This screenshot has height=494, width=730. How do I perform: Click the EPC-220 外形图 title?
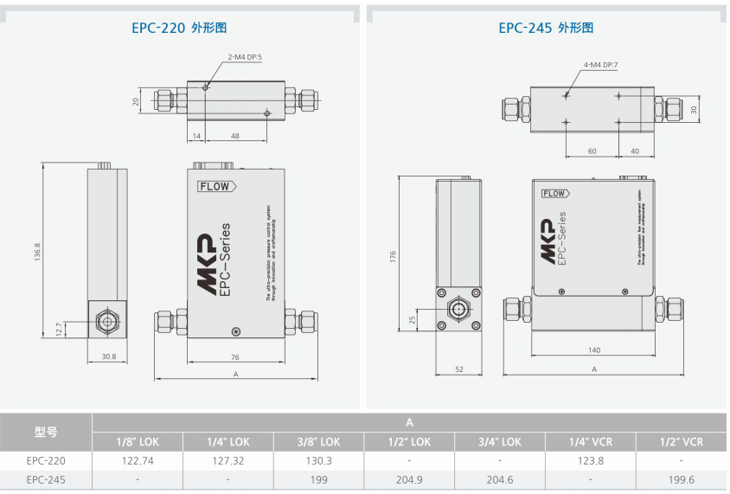pyautogui.click(x=179, y=28)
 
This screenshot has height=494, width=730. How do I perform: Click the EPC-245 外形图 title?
pyautogui.click(x=546, y=28)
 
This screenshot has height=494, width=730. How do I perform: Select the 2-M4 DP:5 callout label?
pyautogui.click(x=245, y=57)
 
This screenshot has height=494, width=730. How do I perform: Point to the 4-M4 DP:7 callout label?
pyautogui.click(x=601, y=65)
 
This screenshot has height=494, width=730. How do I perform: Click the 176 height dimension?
pyautogui.click(x=393, y=256)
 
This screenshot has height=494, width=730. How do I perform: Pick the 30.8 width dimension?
pyautogui.click(x=107, y=356)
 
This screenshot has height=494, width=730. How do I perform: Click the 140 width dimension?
pyautogui.click(x=593, y=350)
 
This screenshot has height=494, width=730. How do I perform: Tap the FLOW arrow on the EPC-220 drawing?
pyautogui.click(x=216, y=186)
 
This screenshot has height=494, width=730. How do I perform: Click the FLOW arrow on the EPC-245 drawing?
pyautogui.click(x=556, y=194)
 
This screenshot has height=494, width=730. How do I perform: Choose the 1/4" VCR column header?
pyautogui.click(x=591, y=442)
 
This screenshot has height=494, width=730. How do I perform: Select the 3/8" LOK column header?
pyautogui.click(x=319, y=442)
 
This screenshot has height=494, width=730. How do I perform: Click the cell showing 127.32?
pyautogui.click(x=228, y=461)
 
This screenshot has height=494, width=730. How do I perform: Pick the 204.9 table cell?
pyautogui.click(x=410, y=479)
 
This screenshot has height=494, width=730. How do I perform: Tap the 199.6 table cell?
pyautogui.click(x=682, y=479)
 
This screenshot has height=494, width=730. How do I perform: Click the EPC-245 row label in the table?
pyautogui.click(x=46, y=479)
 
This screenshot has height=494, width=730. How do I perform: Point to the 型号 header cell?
pyautogui.click(x=46, y=432)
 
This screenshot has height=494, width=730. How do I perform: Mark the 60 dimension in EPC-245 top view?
pyautogui.click(x=592, y=151)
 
